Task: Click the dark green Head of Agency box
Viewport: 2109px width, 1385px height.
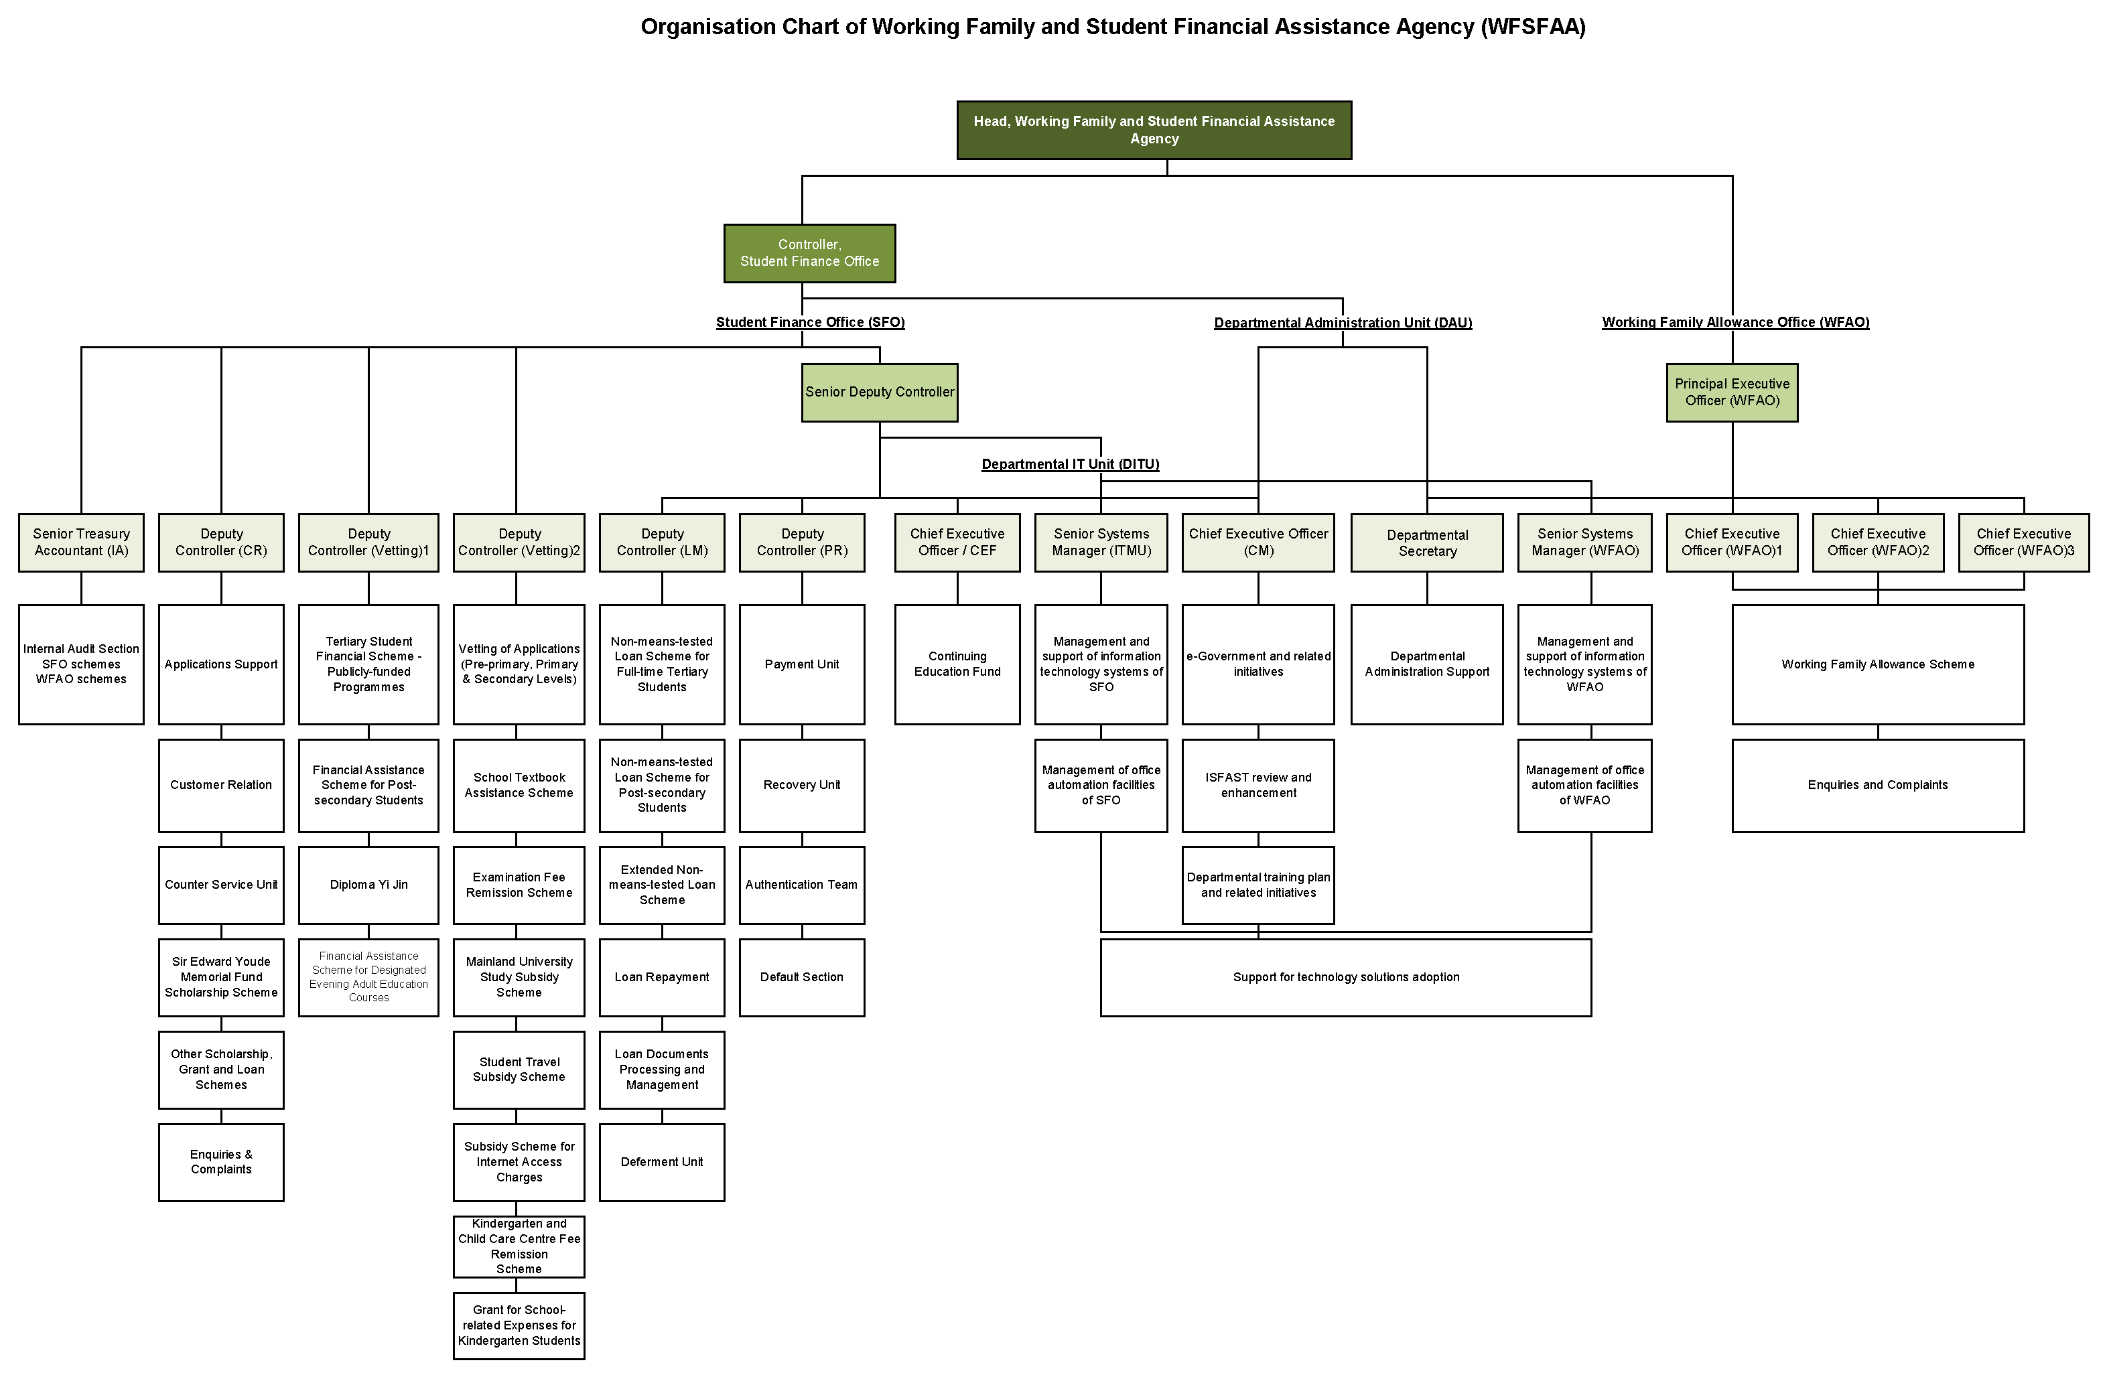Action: click(1154, 130)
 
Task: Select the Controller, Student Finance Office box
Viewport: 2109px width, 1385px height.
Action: click(809, 253)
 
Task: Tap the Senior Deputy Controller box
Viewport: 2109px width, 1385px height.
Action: click(879, 392)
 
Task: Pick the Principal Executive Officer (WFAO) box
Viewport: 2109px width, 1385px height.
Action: click(1732, 392)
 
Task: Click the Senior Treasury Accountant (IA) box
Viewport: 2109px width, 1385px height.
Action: click(82, 542)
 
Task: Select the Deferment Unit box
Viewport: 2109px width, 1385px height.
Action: click(662, 1163)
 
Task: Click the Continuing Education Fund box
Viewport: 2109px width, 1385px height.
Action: click(957, 664)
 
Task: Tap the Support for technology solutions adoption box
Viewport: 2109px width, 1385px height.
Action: click(1345, 977)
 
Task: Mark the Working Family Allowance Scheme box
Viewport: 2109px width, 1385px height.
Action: click(1878, 664)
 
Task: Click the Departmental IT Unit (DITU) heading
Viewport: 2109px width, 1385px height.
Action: click(1069, 464)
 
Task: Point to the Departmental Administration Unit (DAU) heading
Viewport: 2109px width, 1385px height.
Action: click(1343, 323)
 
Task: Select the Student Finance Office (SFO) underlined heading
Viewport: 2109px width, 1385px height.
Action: click(810, 323)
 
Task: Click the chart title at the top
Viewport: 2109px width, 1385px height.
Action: click(1113, 27)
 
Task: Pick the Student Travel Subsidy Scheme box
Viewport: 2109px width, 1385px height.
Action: click(519, 1070)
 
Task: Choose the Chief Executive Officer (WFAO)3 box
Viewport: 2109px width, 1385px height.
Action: click(2023, 542)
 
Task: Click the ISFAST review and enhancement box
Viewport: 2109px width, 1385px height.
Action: click(1258, 785)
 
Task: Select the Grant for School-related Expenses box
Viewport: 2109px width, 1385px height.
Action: click(519, 1325)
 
